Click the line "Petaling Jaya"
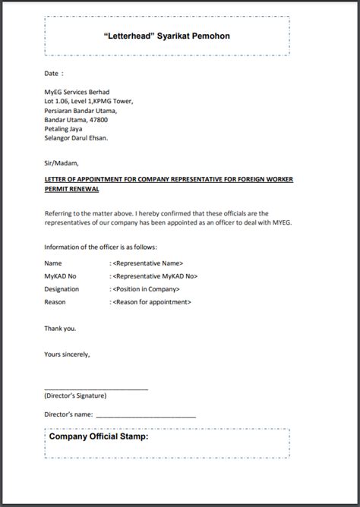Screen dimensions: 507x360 pos(65,129)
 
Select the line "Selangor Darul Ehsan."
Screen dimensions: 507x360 pos(76,138)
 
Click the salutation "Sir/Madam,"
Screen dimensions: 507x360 pos(62,162)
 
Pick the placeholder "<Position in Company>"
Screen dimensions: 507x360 pos(146,289)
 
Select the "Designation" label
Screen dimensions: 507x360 pos(62,289)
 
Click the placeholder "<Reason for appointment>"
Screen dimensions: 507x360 pos(151,302)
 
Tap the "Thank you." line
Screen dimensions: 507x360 pos(60,329)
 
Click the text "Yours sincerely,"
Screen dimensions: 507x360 pos(67,354)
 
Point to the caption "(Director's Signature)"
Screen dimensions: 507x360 pos(75,395)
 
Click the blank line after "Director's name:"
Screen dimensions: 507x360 pos(146,415)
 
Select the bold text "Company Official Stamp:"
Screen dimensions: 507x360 pos(98,436)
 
